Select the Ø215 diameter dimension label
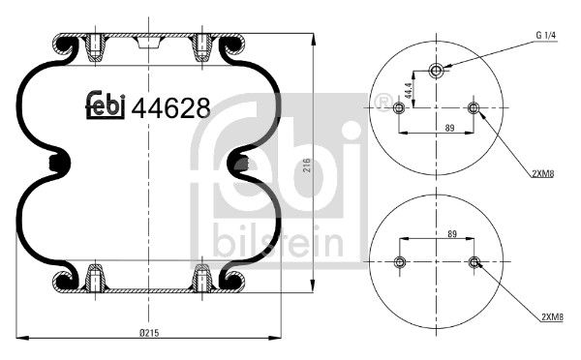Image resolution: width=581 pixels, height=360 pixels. (x=148, y=332)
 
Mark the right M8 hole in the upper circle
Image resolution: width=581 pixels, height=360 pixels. (x=474, y=107)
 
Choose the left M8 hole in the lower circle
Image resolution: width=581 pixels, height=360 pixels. (x=400, y=261)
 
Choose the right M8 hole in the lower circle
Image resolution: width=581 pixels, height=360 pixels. (x=474, y=261)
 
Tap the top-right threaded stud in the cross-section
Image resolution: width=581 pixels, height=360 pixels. (x=202, y=45)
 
